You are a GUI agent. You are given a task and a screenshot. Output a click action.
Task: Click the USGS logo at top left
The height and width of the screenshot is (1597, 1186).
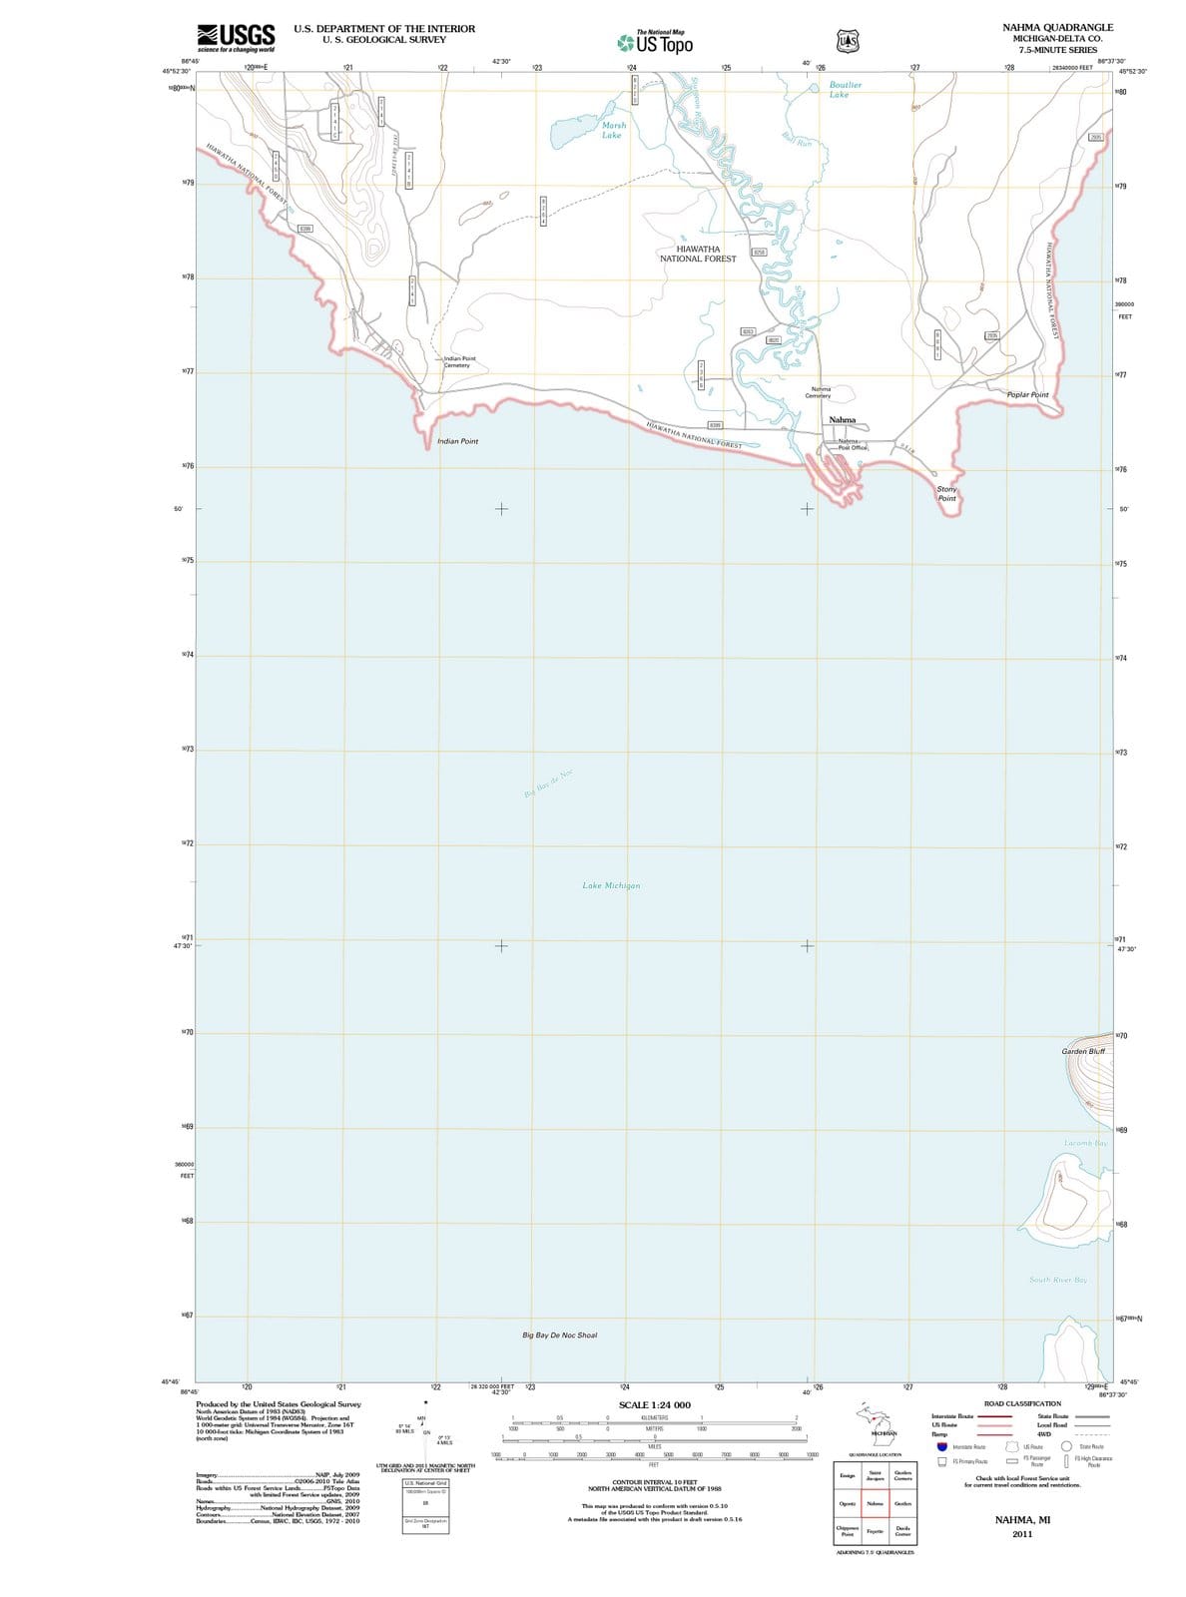coord(236,38)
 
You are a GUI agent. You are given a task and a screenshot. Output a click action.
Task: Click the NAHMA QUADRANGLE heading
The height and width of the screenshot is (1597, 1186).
coord(1057,28)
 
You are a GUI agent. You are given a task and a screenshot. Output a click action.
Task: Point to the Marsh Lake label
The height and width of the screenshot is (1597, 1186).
coord(613,130)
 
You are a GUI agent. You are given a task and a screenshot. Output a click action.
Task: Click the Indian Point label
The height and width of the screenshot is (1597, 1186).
coord(457,441)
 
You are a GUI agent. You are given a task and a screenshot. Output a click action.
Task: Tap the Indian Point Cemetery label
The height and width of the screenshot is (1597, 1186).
coord(459,361)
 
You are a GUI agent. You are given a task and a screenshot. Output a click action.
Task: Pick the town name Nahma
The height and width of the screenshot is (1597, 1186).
coord(842,420)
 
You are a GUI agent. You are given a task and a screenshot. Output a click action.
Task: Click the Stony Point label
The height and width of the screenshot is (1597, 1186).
coord(946,493)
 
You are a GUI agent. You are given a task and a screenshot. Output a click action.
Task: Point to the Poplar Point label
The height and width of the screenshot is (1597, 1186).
coord(1027,395)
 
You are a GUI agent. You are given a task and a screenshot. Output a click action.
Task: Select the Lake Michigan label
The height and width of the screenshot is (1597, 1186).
coord(611,885)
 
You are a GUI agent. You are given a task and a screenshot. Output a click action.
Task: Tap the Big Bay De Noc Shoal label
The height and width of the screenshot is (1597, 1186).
coord(559,1334)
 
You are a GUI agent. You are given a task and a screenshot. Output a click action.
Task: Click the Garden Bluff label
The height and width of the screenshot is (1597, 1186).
coord(1083,1051)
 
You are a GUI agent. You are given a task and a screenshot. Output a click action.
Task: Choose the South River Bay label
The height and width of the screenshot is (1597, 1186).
coord(1058,1280)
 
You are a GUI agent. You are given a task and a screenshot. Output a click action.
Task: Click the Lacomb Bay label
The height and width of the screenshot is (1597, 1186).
coord(1086,1142)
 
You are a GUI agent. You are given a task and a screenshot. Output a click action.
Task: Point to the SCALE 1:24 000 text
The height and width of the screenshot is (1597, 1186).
coord(654,1405)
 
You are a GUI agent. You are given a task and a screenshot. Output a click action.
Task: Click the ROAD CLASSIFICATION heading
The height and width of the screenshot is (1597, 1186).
coord(1022,1403)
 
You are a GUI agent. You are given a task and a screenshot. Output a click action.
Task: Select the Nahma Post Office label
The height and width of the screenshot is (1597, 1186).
coord(851,444)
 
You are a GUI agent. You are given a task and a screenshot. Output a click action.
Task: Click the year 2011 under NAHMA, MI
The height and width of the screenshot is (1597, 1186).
coord(1022,1534)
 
